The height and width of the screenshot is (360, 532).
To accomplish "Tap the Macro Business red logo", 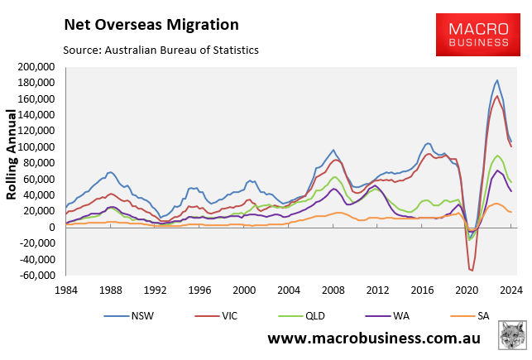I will [478, 34].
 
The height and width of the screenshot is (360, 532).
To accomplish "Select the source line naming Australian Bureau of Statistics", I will [161, 50].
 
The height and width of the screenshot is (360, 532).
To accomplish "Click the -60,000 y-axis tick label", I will [36, 275].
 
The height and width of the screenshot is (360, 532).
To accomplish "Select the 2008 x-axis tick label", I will [334, 290].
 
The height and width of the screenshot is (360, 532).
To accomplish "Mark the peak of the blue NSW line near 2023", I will [496, 80].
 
